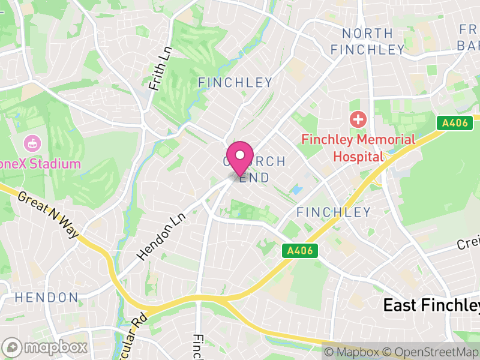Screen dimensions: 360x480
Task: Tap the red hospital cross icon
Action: tap(358, 119)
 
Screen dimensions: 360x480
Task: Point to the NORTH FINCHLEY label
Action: tap(367, 41)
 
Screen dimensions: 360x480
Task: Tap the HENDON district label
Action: tap(46, 298)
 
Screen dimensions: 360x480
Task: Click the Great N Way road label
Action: tap(48, 215)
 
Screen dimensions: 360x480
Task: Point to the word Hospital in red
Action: tap(358, 157)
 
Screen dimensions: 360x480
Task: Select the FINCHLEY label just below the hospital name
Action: tap(334, 212)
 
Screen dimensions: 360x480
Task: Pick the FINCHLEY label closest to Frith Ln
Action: tap(235, 82)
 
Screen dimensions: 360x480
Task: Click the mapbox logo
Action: tap(46, 347)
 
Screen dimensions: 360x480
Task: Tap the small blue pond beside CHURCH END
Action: tap(295, 191)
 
